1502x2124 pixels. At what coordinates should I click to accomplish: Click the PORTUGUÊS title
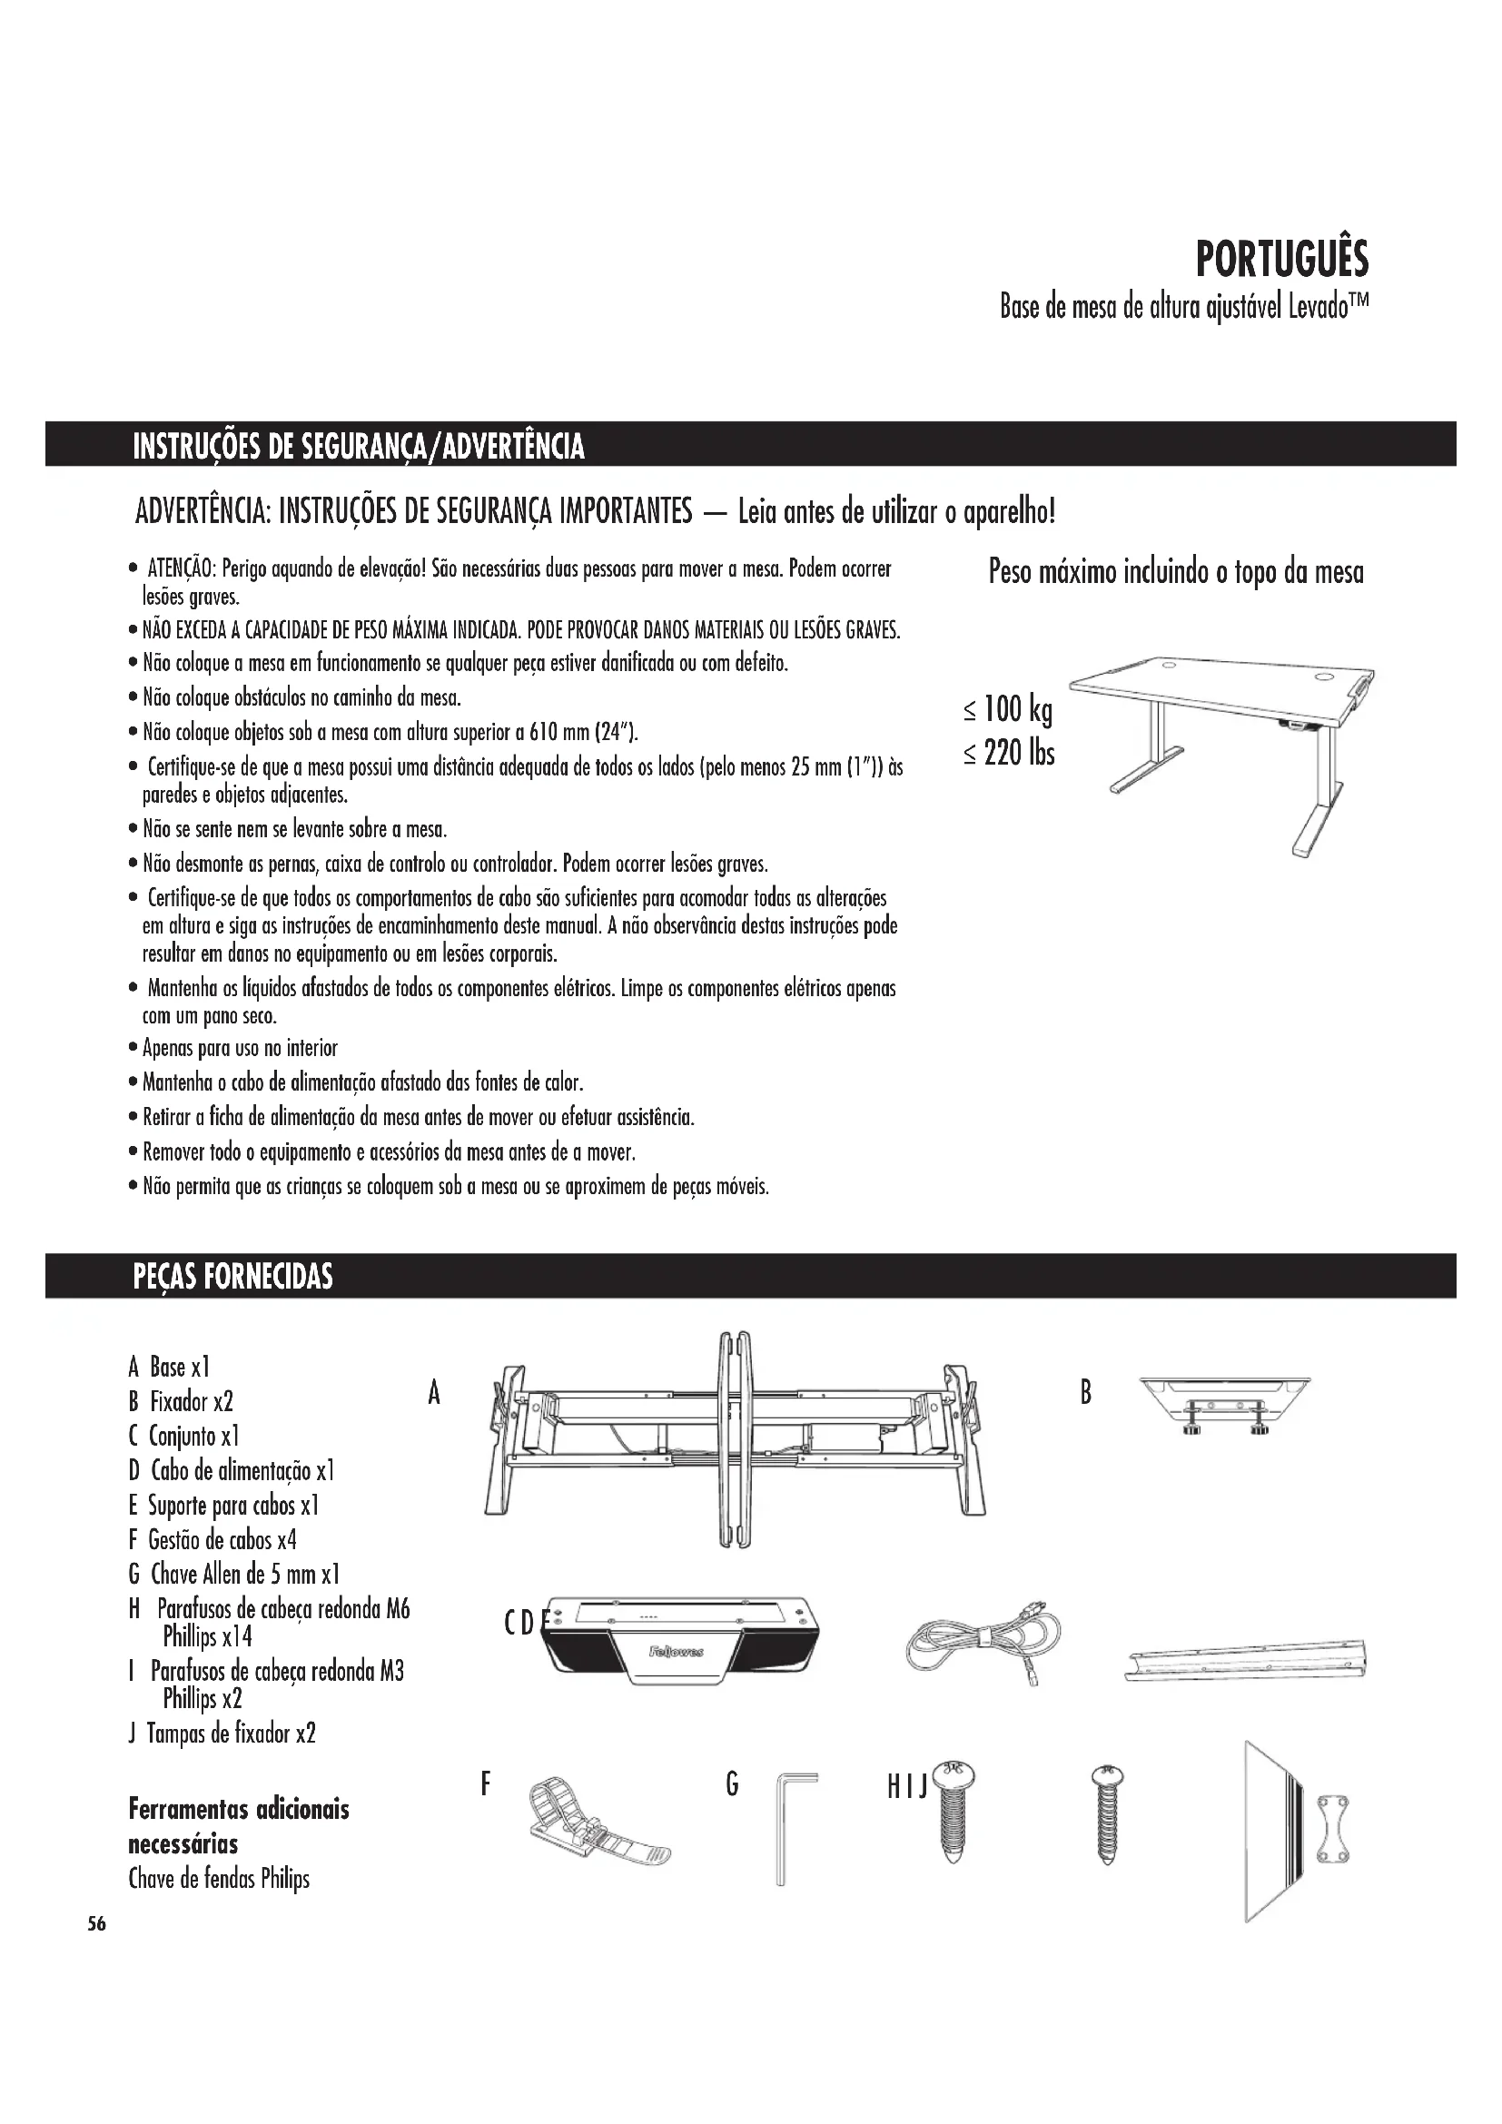pyautogui.click(x=1282, y=259)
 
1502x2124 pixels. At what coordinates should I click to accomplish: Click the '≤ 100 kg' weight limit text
pyautogui.click(x=1008, y=710)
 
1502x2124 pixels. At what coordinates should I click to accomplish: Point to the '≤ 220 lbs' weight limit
pyautogui.click(x=1009, y=753)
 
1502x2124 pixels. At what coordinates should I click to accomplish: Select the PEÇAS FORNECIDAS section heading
pyautogui.click(x=232, y=1277)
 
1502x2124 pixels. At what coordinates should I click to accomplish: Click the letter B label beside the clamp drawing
pyautogui.click(x=1086, y=1392)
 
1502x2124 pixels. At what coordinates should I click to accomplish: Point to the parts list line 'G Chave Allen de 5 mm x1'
pyautogui.click(x=234, y=1574)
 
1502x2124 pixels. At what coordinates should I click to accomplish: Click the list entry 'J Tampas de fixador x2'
pyautogui.click(x=222, y=1733)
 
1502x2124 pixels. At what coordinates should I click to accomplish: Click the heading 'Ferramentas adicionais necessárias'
pyautogui.click(x=239, y=1825)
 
